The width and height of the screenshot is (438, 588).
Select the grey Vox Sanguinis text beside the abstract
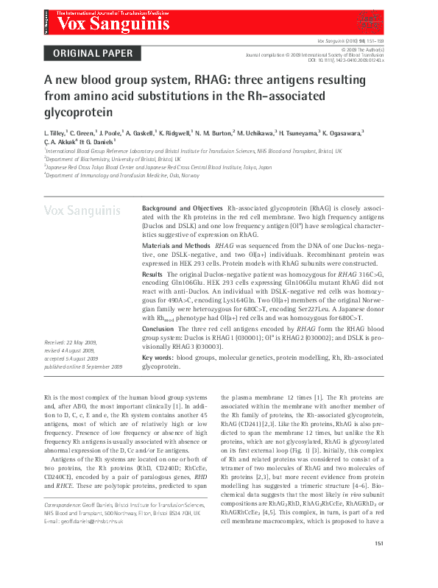point(82,211)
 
